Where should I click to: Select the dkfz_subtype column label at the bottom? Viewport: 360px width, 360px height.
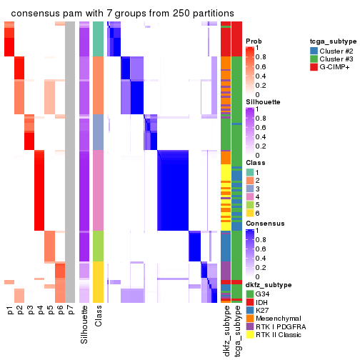(x=226, y=332)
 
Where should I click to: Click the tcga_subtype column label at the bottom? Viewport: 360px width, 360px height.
(x=236, y=332)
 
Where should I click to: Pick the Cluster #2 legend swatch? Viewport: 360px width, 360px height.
(x=315, y=51)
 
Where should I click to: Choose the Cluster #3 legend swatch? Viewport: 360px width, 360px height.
(x=315, y=60)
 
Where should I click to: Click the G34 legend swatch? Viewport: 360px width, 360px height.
(x=249, y=293)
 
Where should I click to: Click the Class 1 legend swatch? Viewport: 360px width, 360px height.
(x=249, y=172)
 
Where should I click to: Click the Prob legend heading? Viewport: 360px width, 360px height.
(x=253, y=41)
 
